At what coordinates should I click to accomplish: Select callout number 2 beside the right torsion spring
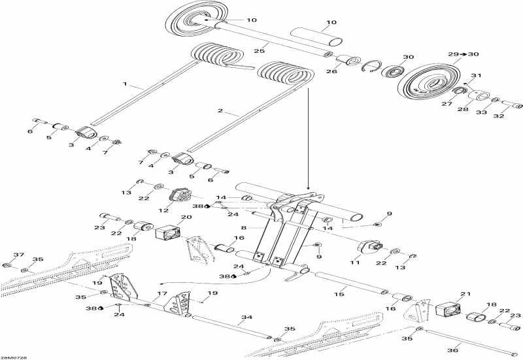pyautogui.click(x=220, y=111)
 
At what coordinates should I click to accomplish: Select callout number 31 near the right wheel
pyautogui.click(x=476, y=75)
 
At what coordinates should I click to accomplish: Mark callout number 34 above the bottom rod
pyautogui.click(x=246, y=319)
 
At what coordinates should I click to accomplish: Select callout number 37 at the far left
pyautogui.click(x=18, y=255)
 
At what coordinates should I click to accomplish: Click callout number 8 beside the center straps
pyautogui.click(x=244, y=228)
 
